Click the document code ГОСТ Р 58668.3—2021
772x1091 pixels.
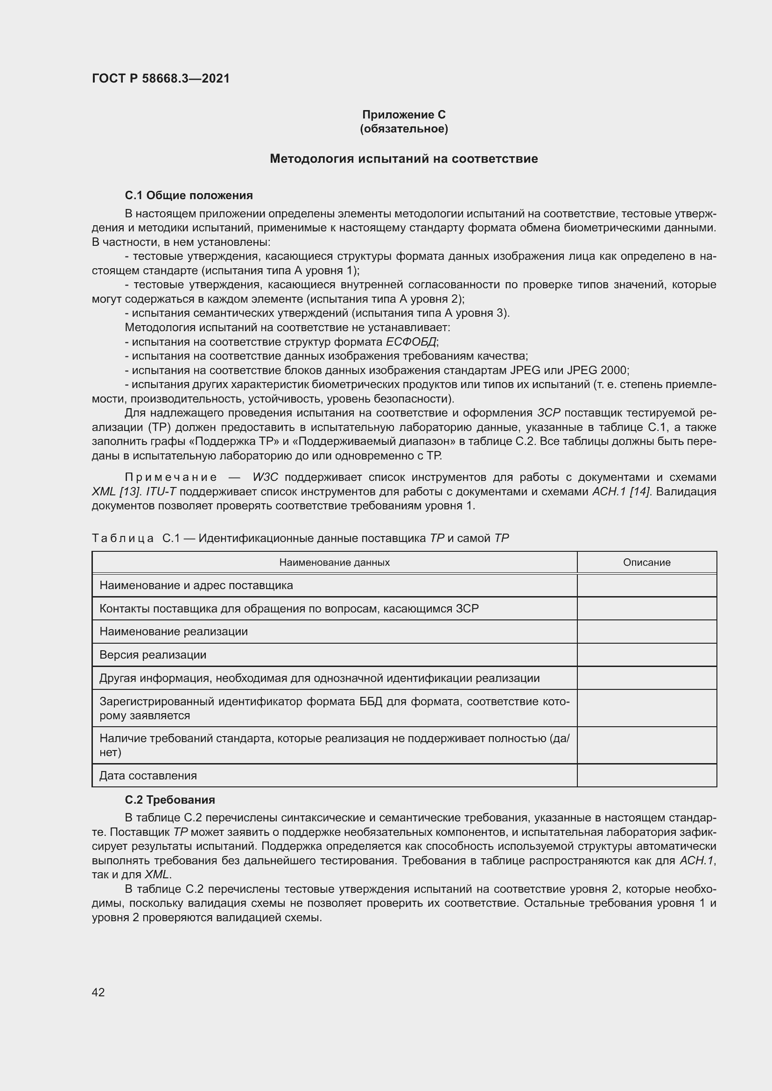[161, 78]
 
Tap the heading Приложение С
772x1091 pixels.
[404, 115]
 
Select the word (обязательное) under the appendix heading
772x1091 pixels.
[404, 129]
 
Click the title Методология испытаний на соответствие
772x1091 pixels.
[404, 159]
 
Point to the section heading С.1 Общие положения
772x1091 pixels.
[189, 195]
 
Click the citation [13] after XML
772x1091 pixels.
[130, 491]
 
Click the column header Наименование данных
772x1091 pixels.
[334, 563]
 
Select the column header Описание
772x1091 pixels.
[646, 563]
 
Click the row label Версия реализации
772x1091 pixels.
[153, 655]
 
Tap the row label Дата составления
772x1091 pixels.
[148, 776]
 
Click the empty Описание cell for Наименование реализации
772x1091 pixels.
[646, 632]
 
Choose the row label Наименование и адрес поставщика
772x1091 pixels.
[196, 585]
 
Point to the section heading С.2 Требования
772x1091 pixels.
[170, 800]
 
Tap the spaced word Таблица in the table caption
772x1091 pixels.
[123, 538]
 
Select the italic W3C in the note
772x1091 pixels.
[265, 477]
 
